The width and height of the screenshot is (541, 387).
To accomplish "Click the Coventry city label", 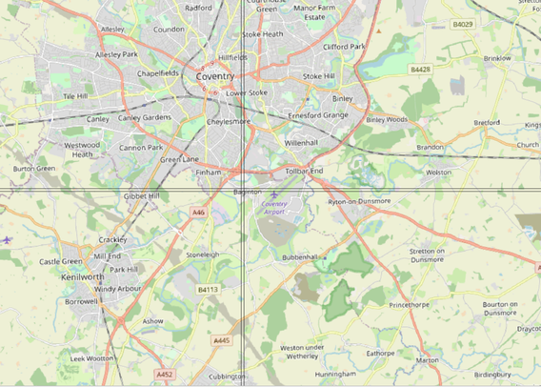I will point(214,76).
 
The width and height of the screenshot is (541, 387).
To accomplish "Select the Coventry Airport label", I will point(275,208).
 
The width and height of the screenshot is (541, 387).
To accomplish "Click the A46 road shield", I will point(197,212).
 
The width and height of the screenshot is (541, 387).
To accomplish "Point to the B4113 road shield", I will point(208,288).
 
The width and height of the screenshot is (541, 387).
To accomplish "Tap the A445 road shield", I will point(222,339).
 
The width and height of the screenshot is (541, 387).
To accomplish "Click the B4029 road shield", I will point(463,23).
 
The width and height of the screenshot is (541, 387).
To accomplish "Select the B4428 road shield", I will point(421,70).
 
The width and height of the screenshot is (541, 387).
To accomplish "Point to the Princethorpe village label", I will point(411,305).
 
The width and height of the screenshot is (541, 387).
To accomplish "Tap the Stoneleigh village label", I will point(203,255).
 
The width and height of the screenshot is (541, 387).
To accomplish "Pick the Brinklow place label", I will point(497,58).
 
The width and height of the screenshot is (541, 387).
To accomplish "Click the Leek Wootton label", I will point(91,358).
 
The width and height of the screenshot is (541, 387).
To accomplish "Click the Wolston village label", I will point(438,173).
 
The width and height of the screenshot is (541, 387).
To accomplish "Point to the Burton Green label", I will point(33,169).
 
